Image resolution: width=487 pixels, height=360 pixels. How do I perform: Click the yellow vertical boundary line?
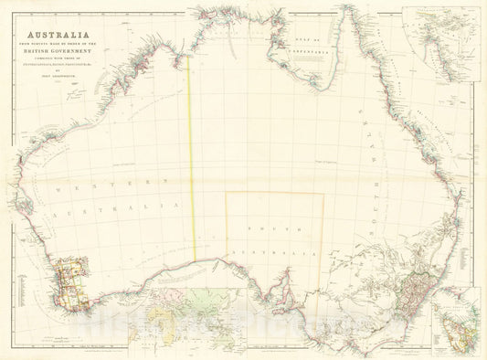(192, 155)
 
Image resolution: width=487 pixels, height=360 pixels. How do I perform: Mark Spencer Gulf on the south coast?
(286, 279)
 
